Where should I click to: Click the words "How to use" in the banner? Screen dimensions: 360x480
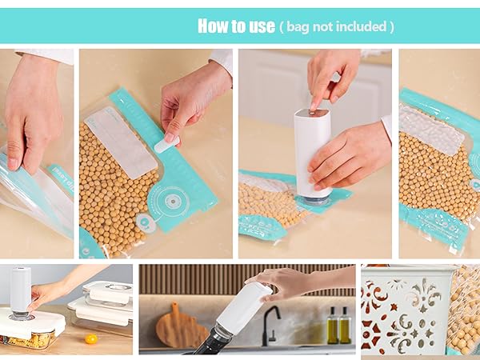tap(236, 26)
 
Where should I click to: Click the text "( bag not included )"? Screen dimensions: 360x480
tap(336, 27)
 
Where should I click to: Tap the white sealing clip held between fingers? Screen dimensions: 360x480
tap(166, 145)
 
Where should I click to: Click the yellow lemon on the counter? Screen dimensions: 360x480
tap(92, 338)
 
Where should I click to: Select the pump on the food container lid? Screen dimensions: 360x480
tap(20, 293)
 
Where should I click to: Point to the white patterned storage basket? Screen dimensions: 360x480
tap(405, 312)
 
